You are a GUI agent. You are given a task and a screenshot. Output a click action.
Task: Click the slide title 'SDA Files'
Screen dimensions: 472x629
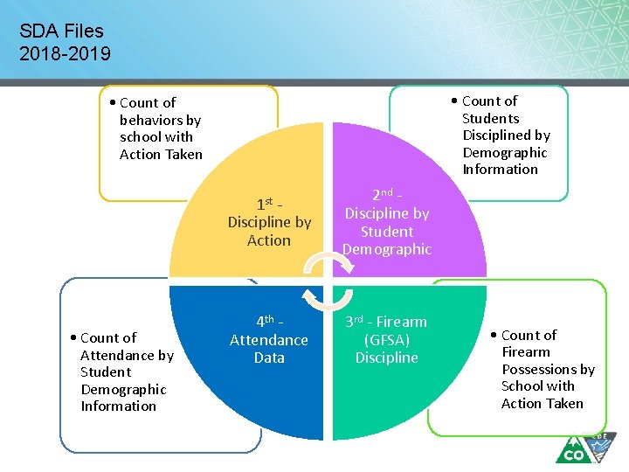(x=61, y=31)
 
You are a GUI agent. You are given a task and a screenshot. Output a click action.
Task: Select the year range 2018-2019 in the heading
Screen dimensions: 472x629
(x=66, y=54)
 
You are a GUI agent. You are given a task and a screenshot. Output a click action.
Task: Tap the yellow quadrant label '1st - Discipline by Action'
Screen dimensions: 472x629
(x=269, y=222)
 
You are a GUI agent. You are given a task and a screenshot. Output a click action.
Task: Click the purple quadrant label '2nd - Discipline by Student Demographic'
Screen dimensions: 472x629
(x=387, y=223)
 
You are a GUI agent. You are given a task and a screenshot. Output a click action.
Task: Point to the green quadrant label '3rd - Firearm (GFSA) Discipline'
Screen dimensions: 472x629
(x=386, y=339)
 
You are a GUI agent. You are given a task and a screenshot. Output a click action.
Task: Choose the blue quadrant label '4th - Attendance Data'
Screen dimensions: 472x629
(x=269, y=339)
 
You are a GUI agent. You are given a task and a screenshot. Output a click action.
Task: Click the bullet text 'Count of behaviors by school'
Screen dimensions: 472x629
(x=160, y=128)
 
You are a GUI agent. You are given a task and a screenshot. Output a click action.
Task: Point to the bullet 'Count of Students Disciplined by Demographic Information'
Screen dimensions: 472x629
(x=505, y=135)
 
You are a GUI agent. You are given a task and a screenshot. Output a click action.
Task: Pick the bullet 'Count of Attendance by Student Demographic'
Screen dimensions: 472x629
(x=123, y=371)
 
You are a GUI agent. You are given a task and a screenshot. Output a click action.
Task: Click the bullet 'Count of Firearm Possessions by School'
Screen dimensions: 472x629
(x=546, y=369)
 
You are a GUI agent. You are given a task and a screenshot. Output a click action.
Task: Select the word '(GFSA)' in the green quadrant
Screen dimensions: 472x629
(x=387, y=340)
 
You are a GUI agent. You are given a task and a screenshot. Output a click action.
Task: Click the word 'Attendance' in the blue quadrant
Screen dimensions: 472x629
(x=269, y=340)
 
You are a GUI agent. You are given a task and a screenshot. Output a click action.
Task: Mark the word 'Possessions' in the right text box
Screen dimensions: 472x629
(x=548, y=369)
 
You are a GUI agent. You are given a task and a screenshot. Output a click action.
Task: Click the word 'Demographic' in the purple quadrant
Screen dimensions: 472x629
(x=387, y=249)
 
